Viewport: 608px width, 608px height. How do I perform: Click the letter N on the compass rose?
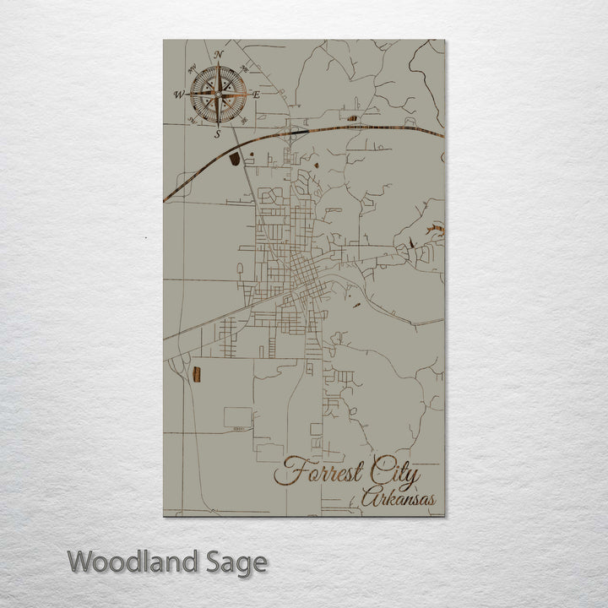pyautogui.click(x=219, y=55)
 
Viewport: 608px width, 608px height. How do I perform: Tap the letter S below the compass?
pyautogui.click(x=217, y=133)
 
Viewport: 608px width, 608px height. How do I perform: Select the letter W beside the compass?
pyautogui.click(x=179, y=95)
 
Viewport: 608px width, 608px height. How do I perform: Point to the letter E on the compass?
pyautogui.click(x=256, y=95)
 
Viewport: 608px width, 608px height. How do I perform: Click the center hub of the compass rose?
pyautogui.click(x=218, y=95)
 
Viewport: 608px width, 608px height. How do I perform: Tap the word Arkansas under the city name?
pyautogui.click(x=399, y=499)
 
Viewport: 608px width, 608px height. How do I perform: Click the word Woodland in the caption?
pyautogui.click(x=133, y=561)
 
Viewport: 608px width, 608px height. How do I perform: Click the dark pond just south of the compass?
pyautogui.click(x=234, y=157)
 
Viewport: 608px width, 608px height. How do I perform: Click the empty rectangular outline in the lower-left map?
pyautogui.click(x=237, y=416)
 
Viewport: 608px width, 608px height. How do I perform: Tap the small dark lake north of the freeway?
pyautogui.click(x=352, y=118)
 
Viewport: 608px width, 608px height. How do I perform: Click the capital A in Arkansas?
pyautogui.click(x=368, y=499)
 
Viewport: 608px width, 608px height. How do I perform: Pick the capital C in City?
pyautogui.click(x=372, y=474)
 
